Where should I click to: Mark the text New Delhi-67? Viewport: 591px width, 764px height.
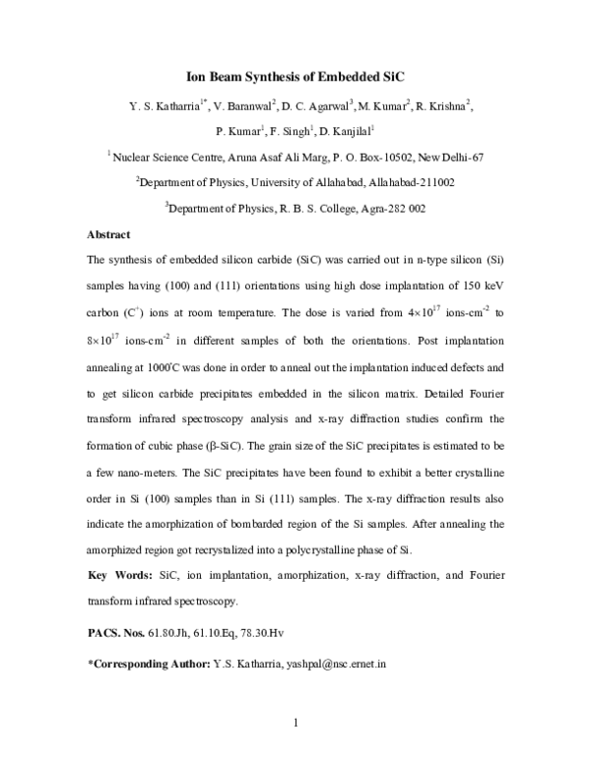(x=451, y=157)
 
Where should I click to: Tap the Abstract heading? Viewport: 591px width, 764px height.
(x=109, y=234)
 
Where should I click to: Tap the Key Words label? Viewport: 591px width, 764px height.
(x=119, y=575)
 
